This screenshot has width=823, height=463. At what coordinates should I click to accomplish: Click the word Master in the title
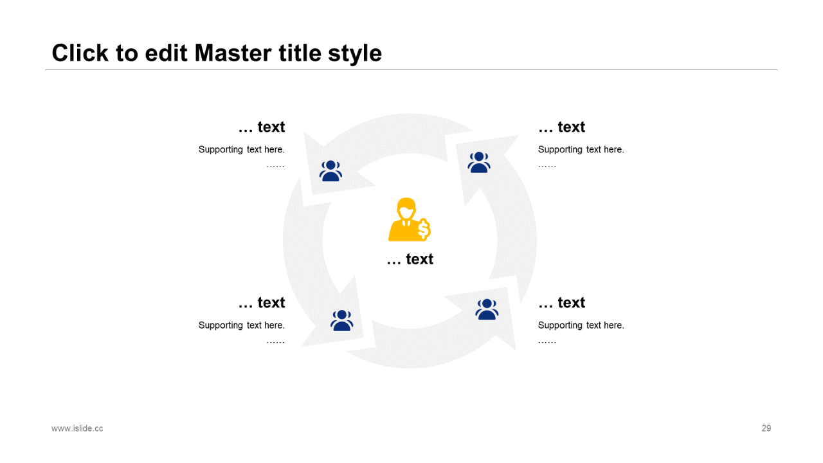pos(233,53)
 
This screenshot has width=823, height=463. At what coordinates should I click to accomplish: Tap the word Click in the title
pos(80,53)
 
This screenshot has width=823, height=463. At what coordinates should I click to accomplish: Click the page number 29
pos(766,428)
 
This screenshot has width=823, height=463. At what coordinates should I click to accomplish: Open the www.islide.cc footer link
pos(77,428)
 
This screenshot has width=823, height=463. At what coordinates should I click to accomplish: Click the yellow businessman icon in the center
pos(410,219)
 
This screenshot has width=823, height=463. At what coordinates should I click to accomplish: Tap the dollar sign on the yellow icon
pos(424,230)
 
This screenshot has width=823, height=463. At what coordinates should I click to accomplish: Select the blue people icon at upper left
pos(330,171)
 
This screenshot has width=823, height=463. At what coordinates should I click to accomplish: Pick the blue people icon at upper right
pos(479,162)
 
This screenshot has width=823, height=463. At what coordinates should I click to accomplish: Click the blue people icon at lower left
pos(341,320)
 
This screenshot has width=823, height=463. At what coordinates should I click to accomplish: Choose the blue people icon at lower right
pos(487,309)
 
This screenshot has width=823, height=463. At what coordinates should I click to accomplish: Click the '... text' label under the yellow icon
pos(410,259)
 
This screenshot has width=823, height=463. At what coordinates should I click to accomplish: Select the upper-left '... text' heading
pos(262,127)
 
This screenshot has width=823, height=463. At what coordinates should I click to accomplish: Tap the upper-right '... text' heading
pos(562,127)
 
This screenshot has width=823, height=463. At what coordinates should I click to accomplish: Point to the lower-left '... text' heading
pos(262,302)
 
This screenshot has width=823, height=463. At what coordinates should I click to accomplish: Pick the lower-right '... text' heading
pos(562,302)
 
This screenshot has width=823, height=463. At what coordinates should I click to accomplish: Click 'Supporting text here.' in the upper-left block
pos(242,150)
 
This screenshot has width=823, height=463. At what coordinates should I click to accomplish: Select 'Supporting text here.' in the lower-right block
pos(581,325)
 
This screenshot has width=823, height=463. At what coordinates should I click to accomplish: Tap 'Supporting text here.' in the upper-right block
pos(581,150)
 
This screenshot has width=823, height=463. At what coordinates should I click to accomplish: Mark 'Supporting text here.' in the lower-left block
pos(242,325)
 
